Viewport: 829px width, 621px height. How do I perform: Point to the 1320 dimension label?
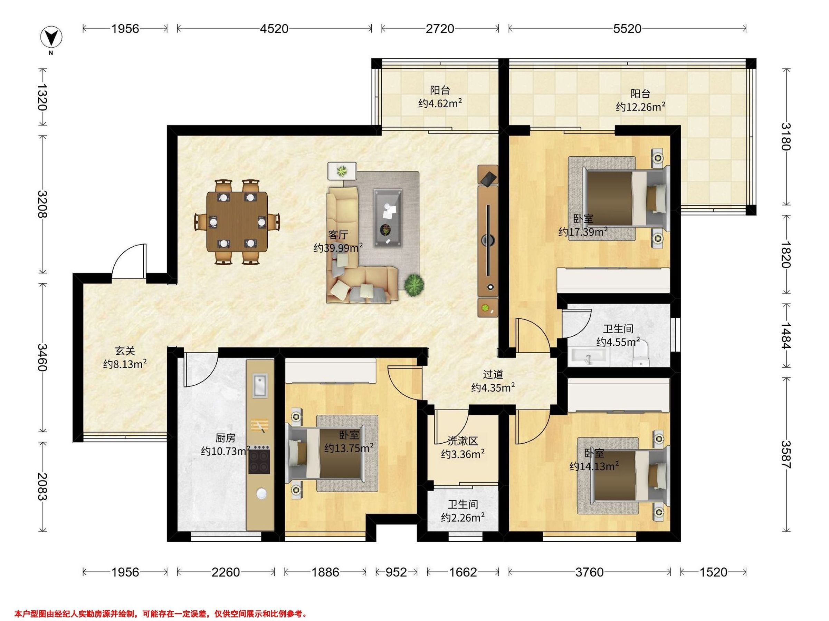[42, 97]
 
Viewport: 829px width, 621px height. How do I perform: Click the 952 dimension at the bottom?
[396, 572]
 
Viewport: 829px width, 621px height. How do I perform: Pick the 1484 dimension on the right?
[786, 336]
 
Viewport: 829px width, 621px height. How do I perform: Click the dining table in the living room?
[237, 222]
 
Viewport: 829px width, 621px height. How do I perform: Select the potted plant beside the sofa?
[414, 286]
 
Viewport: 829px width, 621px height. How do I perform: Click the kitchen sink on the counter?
[260, 385]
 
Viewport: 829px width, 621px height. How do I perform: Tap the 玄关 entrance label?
[125, 351]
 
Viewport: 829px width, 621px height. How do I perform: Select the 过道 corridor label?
[493, 374]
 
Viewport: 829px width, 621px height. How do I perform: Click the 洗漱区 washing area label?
[463, 441]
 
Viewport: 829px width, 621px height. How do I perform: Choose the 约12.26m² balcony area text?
[640, 107]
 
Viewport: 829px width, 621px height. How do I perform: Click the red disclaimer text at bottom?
[161, 603]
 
